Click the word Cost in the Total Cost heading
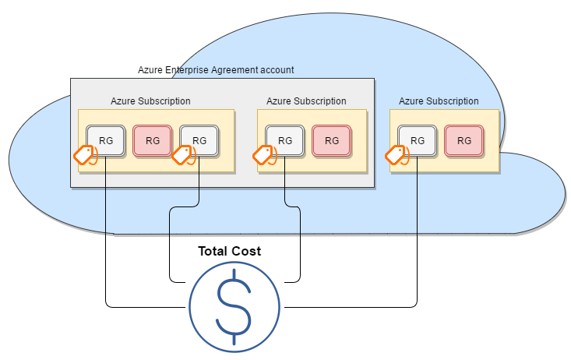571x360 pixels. [x=246, y=252]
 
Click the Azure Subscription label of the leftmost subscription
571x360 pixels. [x=150, y=101]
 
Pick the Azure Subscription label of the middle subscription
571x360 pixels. [x=306, y=101]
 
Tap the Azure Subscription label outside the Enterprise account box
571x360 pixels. [x=439, y=101]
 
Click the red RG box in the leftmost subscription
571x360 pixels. [x=153, y=140]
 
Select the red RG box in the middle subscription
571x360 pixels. [x=332, y=140]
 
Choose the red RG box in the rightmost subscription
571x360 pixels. [x=464, y=140]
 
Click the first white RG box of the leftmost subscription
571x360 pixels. [x=105, y=140]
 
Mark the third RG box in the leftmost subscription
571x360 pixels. [x=199, y=140]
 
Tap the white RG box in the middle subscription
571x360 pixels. [x=285, y=140]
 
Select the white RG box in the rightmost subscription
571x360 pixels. [x=418, y=140]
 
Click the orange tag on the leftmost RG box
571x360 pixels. [x=85, y=154]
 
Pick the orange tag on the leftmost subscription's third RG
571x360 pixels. [x=182, y=154]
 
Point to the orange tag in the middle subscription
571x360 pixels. [x=265, y=154]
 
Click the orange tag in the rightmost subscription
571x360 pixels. [x=397, y=154]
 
